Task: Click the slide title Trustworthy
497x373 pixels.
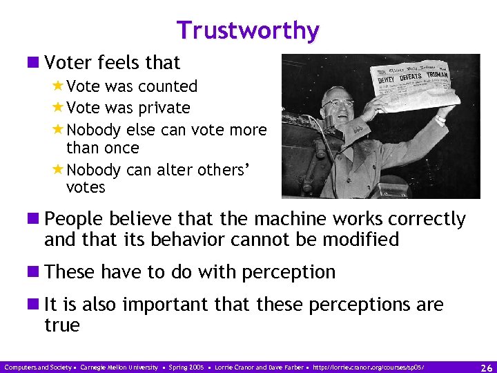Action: (x=248, y=30)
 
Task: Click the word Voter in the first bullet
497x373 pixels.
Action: (x=66, y=62)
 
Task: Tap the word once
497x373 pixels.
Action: (x=122, y=148)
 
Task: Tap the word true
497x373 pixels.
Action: (x=62, y=325)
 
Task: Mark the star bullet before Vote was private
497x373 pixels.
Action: (x=58, y=108)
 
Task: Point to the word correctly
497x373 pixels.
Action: (x=421, y=219)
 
